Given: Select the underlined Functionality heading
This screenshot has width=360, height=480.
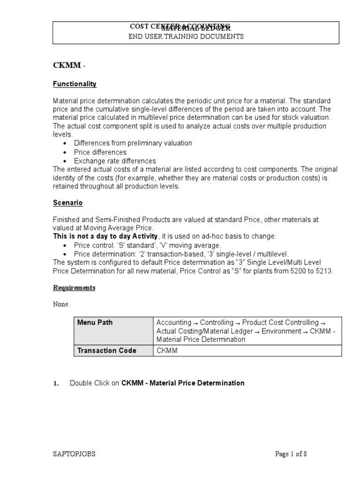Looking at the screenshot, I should click(x=75, y=84).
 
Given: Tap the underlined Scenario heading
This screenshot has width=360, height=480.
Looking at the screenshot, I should click(x=67, y=203).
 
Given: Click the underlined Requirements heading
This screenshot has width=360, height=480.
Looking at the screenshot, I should click(x=74, y=288).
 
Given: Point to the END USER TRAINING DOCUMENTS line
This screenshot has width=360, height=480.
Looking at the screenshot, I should click(x=186, y=37).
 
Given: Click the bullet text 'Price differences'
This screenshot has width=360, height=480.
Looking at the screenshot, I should click(x=100, y=152).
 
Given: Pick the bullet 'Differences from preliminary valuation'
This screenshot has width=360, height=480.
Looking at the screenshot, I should click(x=133, y=143).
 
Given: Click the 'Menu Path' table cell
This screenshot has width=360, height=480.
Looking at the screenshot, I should click(x=95, y=322).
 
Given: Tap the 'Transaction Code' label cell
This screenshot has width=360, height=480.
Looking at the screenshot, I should click(x=106, y=351).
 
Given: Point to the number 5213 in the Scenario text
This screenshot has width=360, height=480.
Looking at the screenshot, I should click(x=324, y=271).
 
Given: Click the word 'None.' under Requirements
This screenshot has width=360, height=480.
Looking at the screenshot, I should click(x=61, y=305).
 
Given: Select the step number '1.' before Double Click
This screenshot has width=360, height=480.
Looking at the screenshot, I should click(x=56, y=383).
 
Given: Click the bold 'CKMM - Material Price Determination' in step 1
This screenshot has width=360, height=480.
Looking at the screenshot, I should click(x=183, y=383).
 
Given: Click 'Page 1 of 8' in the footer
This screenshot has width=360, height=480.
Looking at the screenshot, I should click(x=291, y=454).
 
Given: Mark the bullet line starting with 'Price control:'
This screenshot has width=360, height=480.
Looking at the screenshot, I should click(x=147, y=245).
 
